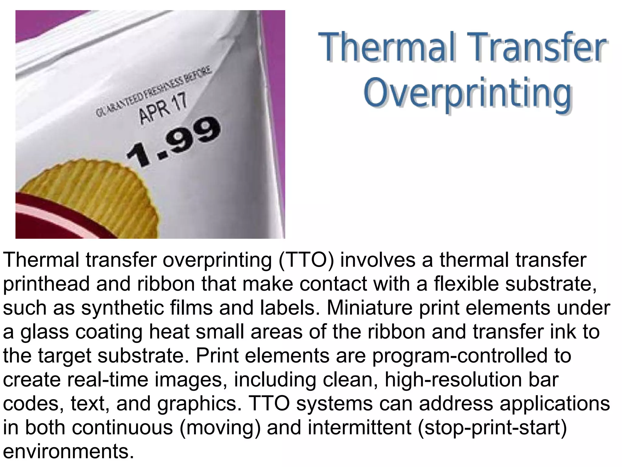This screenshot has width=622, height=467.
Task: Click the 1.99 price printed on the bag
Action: (173, 141)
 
